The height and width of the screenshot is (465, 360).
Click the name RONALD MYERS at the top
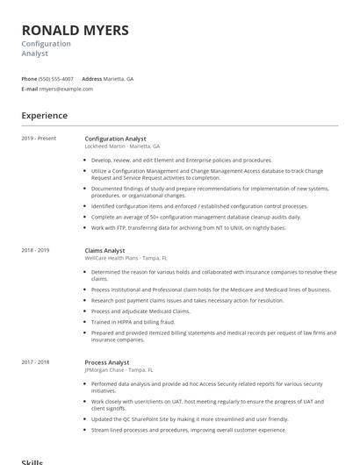coord(76,31)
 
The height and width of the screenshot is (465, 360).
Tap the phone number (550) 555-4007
coord(57,78)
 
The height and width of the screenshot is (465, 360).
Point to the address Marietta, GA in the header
coord(119,78)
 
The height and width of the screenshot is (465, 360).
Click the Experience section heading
coord(45,116)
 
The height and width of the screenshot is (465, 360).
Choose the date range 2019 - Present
coord(39,139)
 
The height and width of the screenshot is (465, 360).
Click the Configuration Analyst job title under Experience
coord(115,139)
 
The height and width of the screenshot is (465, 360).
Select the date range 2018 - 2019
coord(36,250)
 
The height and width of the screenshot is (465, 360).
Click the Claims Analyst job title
coord(104,250)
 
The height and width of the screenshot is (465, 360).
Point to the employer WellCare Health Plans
coord(113,258)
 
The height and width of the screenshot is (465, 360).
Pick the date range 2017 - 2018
coord(36,361)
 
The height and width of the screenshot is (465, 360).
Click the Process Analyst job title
coord(106,361)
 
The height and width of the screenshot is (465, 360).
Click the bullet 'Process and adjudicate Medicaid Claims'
coord(140,311)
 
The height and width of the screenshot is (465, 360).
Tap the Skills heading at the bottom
coord(32,461)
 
